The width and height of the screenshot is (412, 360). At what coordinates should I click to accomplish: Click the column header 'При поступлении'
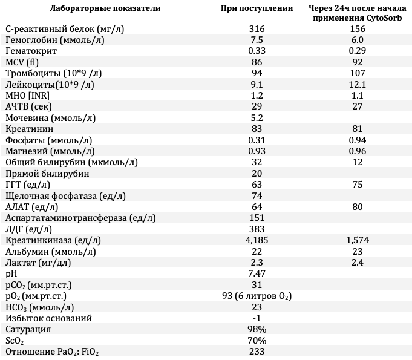point(257,8)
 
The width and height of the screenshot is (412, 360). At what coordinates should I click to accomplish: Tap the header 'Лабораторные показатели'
point(105,8)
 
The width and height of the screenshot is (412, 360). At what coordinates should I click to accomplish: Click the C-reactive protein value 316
point(257,28)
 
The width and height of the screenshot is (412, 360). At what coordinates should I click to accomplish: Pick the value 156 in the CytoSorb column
point(358,28)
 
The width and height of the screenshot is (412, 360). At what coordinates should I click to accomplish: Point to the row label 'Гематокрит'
point(31,51)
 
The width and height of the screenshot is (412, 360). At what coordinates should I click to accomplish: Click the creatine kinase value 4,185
point(257,240)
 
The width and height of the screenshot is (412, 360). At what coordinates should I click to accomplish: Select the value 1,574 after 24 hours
point(358,240)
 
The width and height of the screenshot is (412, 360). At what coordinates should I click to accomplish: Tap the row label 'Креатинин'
point(30,129)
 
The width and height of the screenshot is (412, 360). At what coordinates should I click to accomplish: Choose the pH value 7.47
point(257,273)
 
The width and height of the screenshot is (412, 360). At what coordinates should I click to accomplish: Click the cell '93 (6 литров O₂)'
point(257,296)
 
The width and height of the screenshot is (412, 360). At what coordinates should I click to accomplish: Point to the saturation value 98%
point(257,329)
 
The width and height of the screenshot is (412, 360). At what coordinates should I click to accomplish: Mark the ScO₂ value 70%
point(257,341)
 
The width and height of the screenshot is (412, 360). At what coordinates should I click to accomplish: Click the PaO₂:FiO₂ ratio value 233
point(257,352)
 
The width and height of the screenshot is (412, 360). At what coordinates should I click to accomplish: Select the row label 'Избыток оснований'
point(48,318)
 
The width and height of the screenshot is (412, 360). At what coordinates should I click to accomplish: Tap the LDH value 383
point(257,229)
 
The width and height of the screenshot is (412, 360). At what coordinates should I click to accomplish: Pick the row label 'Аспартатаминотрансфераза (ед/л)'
point(80,218)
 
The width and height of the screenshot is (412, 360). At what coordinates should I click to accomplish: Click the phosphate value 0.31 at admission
point(257,140)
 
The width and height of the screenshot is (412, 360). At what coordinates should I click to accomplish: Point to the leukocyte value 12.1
point(358,85)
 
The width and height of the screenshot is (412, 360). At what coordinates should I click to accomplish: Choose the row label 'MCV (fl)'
point(22,62)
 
